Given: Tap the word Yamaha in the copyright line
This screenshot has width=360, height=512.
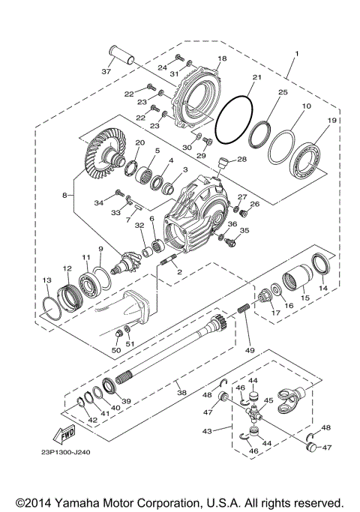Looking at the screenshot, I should click(86, 502).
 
